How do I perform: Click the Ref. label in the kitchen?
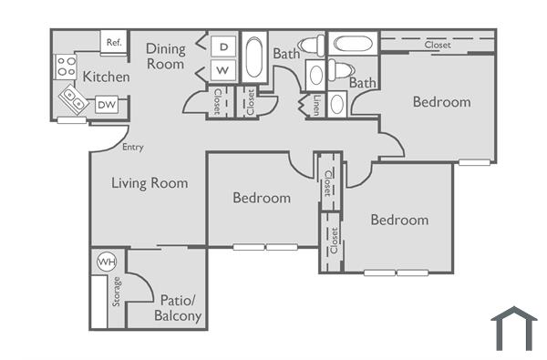click(114, 42)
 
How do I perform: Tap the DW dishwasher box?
click(107, 104)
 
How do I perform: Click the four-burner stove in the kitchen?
click(66, 65)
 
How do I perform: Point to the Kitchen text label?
click(106, 77)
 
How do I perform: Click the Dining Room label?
click(166, 56)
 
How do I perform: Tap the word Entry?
click(132, 147)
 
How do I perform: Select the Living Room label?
click(150, 183)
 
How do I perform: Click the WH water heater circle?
click(107, 262)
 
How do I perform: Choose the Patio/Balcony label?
click(180, 308)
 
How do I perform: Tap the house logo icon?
click(513, 329)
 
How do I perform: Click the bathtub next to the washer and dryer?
click(254, 60)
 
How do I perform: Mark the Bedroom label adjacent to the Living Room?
click(262, 198)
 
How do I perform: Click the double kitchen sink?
click(74, 99)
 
